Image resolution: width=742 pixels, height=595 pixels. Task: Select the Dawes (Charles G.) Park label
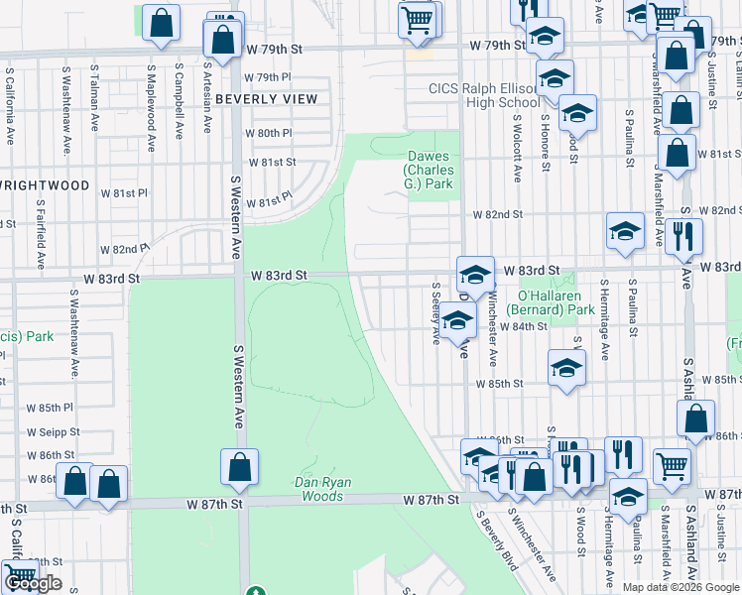[429, 170]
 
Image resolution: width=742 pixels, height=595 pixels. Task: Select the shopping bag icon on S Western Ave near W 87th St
[239, 467]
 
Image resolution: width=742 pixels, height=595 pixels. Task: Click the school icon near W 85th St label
[566, 368]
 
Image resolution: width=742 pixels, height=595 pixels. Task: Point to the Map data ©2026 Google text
[680, 587]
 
